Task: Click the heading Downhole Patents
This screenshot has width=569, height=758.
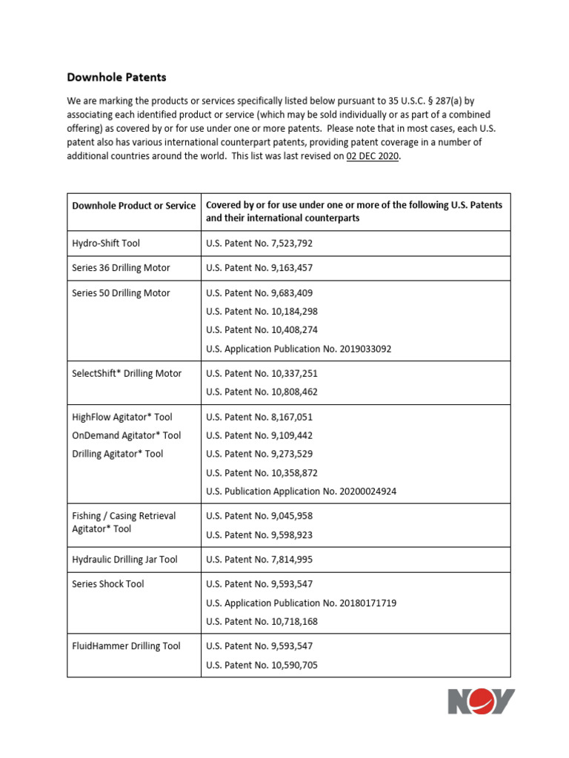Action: (x=116, y=77)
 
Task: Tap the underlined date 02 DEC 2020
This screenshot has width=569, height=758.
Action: (x=373, y=156)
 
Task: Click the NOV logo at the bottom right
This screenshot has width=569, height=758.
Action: (x=481, y=702)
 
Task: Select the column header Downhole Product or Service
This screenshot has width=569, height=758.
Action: (x=133, y=206)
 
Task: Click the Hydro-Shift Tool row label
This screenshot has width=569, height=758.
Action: (x=106, y=244)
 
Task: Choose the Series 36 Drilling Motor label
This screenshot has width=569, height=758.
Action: (x=121, y=268)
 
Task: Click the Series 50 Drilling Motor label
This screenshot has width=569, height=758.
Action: (x=121, y=293)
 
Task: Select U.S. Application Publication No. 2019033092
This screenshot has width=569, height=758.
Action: (x=299, y=349)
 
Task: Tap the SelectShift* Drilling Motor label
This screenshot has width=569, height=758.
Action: (x=127, y=374)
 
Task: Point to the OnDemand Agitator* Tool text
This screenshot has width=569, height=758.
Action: (x=126, y=436)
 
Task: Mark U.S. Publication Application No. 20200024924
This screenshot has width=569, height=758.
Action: (x=301, y=492)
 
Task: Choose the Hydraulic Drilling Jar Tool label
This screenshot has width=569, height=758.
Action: (x=124, y=560)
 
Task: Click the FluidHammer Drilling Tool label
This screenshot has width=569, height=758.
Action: (x=126, y=646)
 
